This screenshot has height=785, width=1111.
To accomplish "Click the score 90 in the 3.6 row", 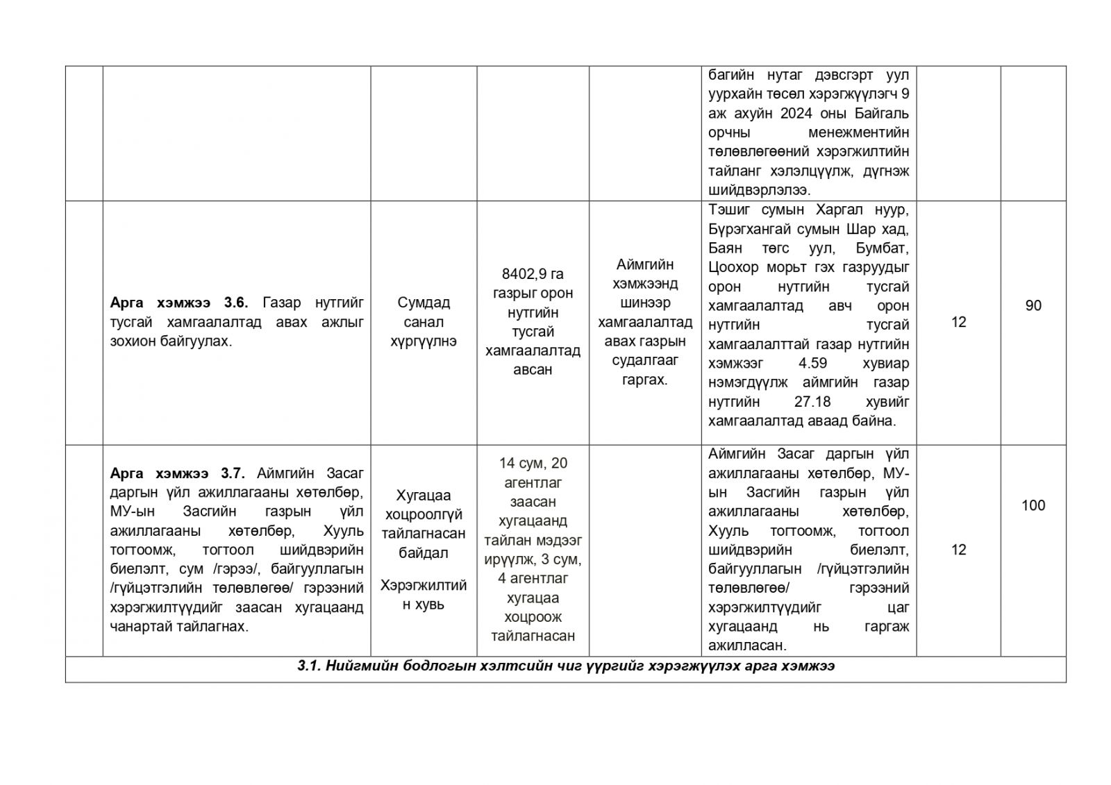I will (x=1033, y=305).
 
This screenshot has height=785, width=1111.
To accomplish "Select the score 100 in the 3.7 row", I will (x=1033, y=505).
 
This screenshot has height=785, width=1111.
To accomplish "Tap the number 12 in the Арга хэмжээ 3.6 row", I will (x=958, y=322).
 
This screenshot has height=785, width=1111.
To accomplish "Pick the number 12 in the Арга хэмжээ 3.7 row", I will (x=958, y=550).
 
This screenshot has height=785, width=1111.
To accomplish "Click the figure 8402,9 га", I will (x=533, y=273).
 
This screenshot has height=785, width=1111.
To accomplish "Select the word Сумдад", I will (x=424, y=303).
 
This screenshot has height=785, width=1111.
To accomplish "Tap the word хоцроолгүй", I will (x=424, y=514).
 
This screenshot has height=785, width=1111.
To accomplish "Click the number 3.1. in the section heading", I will (x=309, y=666).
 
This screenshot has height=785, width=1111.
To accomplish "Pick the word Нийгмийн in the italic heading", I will (x=357, y=666).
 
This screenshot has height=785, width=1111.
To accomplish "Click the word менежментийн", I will (x=858, y=132).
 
